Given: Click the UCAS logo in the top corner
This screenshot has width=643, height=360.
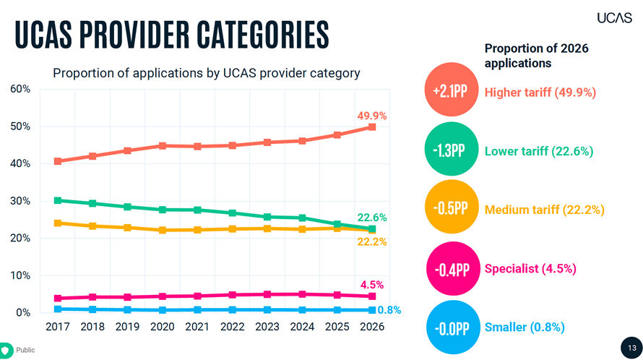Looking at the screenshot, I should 614,17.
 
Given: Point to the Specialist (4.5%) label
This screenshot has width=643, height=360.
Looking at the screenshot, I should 530,268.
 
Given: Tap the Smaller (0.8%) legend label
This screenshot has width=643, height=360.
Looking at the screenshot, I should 524,327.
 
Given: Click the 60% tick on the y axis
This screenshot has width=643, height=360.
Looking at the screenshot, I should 20,89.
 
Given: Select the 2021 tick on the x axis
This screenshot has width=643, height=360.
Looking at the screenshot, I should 197,327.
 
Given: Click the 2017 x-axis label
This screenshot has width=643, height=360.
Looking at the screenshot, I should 58,327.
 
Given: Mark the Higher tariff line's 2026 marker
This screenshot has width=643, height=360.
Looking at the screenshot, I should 372,127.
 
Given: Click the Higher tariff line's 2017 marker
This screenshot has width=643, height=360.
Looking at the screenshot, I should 58,161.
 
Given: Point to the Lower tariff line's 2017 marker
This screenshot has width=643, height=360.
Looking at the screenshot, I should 58,200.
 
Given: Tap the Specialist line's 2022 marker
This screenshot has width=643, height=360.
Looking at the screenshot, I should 233,295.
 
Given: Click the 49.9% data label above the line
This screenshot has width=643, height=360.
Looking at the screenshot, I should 372,115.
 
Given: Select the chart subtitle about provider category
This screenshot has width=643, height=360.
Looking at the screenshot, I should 206,73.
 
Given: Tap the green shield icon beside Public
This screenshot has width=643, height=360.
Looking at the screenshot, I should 5,349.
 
